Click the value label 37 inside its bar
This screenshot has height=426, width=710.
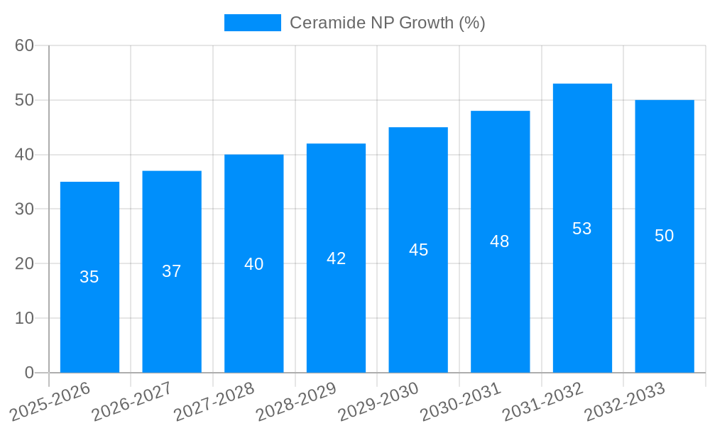click(172, 271)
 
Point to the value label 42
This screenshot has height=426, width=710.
click(337, 258)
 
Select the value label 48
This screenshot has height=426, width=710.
click(500, 241)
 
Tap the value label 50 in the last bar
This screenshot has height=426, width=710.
click(664, 236)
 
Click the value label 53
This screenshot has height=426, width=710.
click(582, 229)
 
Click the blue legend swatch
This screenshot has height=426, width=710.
click(253, 23)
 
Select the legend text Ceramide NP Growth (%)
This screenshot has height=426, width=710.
click(388, 23)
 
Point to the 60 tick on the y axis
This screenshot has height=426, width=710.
click(25, 45)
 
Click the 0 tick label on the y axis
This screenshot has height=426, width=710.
click(29, 373)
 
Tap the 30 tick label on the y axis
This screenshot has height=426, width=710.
click(25, 209)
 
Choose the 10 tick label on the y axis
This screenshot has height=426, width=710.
click(25, 318)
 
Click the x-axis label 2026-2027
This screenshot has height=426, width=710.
click(132, 401)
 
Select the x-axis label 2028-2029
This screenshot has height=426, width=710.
click(296, 401)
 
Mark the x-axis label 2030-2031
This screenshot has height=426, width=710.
click(461, 401)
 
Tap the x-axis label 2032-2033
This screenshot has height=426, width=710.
click(625, 401)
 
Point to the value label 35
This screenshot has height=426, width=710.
click(89, 277)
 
